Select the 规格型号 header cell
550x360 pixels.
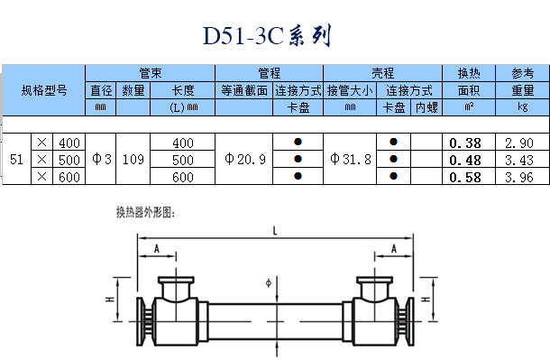44,90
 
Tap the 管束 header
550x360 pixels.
151,73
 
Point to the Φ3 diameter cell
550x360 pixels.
101,160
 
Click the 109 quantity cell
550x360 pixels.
133,160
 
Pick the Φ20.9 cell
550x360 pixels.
245,160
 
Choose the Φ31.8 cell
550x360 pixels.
351,160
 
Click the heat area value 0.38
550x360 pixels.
465,143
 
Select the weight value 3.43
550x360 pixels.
519,161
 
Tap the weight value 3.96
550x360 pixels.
519,177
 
